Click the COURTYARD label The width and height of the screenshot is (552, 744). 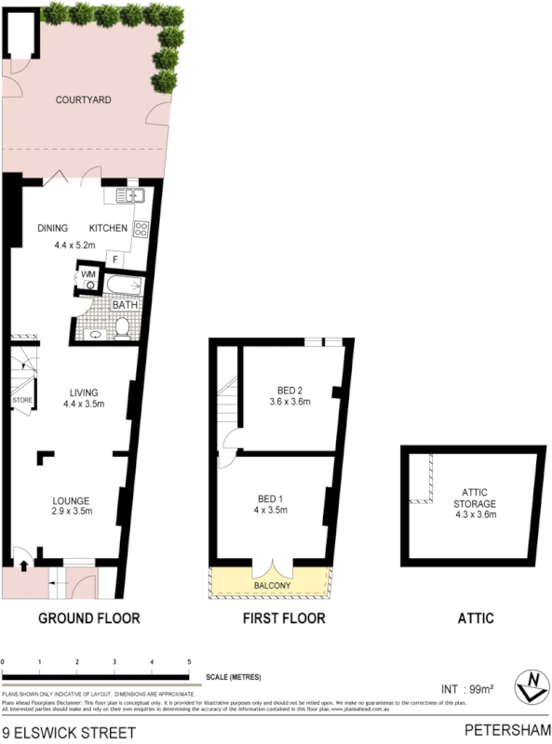coord(84,100)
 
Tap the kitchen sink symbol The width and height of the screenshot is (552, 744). coord(129,195)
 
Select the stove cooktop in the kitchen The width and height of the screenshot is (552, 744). coord(142,230)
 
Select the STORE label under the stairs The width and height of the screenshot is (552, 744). coord(22,401)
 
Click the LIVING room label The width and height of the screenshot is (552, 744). coord(82,392)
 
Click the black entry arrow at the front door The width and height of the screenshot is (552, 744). coord(22,562)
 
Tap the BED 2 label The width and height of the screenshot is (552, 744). coord(289,391)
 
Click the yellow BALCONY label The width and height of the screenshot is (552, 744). coord(270,585)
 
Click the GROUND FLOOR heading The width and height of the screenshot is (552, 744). coord(89,618)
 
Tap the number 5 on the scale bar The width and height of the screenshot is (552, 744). coord(189,661)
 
